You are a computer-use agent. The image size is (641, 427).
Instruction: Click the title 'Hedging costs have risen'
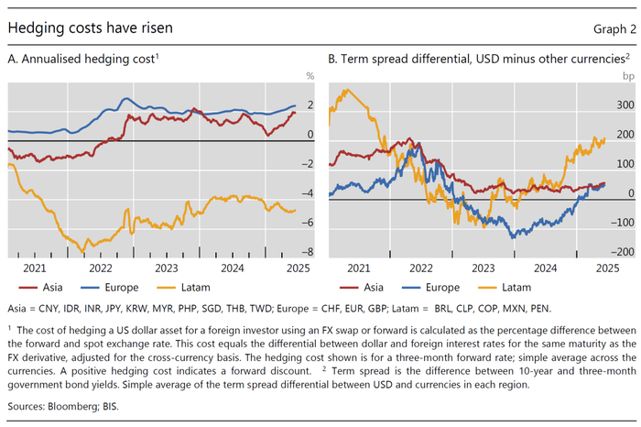click(89, 27)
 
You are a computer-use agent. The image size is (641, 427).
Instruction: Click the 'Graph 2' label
click(607, 28)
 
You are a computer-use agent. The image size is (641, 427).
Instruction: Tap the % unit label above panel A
click(310, 75)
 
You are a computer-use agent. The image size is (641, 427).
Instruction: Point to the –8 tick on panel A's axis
click(309, 252)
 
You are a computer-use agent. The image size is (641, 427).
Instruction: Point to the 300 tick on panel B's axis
click(625, 105)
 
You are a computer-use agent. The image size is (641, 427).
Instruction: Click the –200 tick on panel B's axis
click(623, 252)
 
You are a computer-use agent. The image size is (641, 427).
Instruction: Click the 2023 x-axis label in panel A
click(167, 268)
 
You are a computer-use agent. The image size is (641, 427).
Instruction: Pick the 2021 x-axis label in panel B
click(357, 268)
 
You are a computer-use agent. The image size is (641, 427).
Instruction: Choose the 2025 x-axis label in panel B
click(606, 268)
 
